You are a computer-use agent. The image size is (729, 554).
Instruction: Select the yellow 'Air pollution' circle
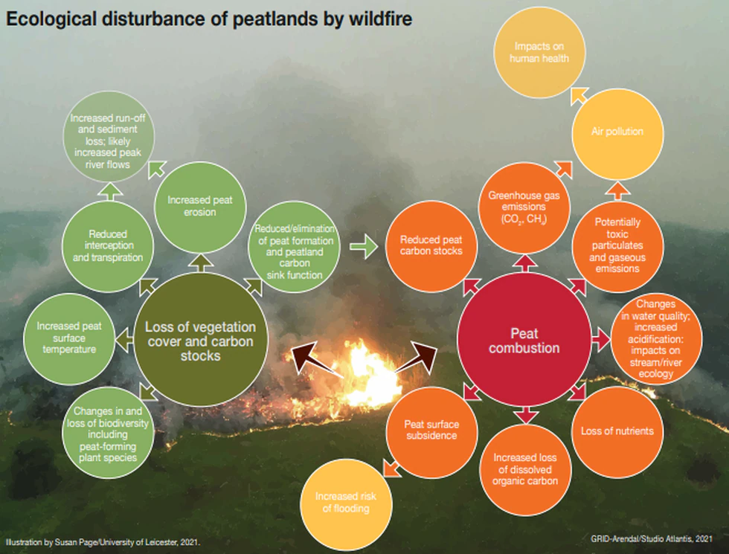pos(617,132)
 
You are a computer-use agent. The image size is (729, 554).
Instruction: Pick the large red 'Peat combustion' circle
pos(524,341)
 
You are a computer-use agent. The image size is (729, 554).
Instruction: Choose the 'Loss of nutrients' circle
pos(617,431)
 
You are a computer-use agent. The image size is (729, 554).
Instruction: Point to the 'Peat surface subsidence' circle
pos(431,430)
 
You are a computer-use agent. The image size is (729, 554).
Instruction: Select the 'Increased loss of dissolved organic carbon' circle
pos(525,468)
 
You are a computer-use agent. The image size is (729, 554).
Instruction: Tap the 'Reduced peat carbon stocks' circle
pos(431,246)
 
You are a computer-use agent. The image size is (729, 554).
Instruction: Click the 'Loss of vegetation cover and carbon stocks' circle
pos(200,341)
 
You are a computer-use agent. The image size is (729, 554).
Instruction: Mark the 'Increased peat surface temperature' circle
pos(69,337)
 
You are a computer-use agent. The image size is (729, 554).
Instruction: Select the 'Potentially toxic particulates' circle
pos(617,244)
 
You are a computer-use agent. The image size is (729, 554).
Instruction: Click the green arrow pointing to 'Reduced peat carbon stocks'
pos(364,247)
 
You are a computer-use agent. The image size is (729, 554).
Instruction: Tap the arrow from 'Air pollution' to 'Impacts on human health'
pos(578,94)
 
